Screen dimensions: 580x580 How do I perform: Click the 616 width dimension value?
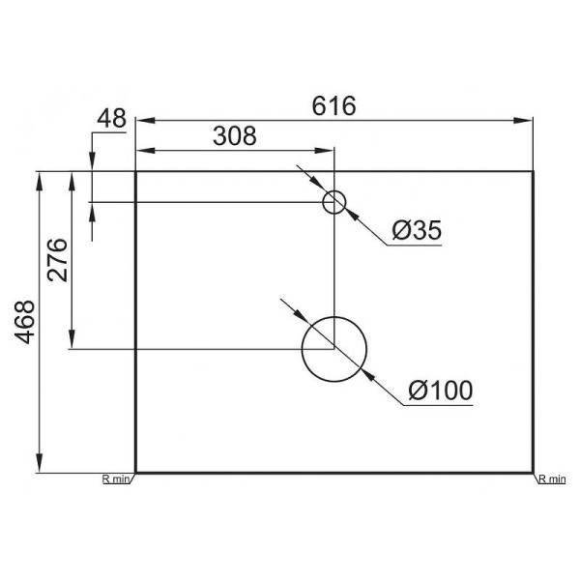(x=333, y=106)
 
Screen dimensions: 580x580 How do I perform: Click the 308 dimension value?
(x=234, y=136)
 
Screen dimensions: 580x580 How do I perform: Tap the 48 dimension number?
(x=112, y=118)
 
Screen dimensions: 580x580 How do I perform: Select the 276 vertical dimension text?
(x=57, y=259)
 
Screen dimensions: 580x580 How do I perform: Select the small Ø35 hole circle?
(x=333, y=201)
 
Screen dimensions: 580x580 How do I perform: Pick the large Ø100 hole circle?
(x=334, y=348)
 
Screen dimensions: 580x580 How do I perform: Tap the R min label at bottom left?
(x=117, y=478)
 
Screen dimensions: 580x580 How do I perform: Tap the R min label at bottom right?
(x=552, y=478)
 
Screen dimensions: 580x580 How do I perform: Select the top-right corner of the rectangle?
(x=534, y=171)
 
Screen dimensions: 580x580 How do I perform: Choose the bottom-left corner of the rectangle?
(x=135, y=474)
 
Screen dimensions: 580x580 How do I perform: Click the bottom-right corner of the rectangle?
(x=534, y=474)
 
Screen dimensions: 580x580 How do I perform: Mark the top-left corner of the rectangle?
(x=135, y=171)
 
